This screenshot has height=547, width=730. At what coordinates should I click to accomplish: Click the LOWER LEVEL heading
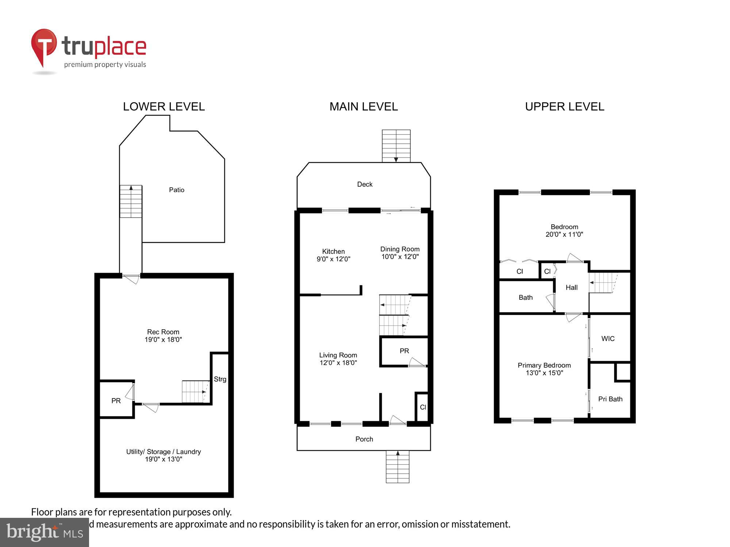[x=164, y=106]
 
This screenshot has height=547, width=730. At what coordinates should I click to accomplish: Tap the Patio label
[x=177, y=190]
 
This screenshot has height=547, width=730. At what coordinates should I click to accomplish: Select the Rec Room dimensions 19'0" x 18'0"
[x=163, y=340]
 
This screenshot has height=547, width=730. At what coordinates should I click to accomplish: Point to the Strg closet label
[x=220, y=379]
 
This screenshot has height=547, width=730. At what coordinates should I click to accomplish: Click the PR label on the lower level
[x=116, y=401]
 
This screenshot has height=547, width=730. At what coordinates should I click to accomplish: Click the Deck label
[x=365, y=184]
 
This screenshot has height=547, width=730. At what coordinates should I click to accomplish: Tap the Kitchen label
[x=333, y=251]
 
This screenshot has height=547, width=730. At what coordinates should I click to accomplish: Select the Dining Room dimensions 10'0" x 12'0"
[x=400, y=257]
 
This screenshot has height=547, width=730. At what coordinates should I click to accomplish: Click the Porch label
[x=364, y=439]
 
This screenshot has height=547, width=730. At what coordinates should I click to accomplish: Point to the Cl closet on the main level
[x=423, y=407]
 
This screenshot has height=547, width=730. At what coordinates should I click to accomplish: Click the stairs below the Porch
[x=397, y=467]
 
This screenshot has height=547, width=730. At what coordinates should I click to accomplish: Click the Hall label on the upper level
[x=571, y=287]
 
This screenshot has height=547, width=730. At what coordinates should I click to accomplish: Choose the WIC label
[x=608, y=338]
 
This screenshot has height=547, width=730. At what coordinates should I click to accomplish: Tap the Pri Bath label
[x=610, y=399]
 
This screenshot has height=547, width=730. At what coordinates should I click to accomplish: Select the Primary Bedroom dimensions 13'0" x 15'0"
[x=544, y=373]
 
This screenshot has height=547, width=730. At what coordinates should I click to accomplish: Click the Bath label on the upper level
[x=525, y=297]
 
